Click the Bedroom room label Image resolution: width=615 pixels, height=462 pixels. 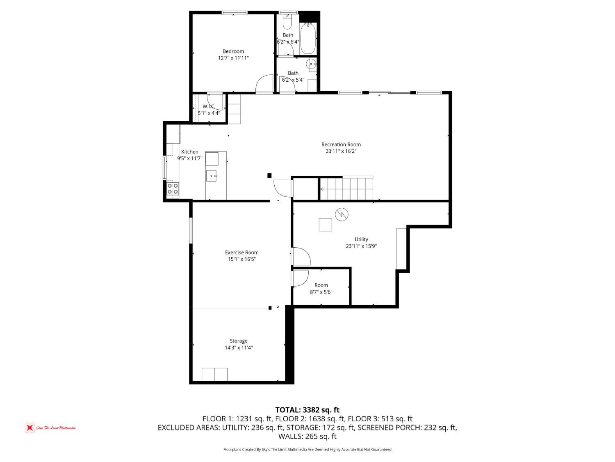point(233,51)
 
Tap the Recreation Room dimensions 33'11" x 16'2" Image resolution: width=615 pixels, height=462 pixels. point(341,151)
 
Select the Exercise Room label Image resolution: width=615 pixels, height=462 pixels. point(241,253)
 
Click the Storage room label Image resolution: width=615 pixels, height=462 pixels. point(238,341)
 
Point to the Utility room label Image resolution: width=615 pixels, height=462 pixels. point(361,239)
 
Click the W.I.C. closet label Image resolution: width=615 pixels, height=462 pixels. point(209,106)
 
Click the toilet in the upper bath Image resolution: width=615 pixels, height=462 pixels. point(287,21)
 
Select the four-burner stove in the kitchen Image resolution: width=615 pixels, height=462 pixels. point(173,189)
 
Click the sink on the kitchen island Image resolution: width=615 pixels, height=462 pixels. point(212,176)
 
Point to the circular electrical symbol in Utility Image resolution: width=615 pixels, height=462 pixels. point(341,214)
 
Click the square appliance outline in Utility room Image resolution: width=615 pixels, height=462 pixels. point(326,225)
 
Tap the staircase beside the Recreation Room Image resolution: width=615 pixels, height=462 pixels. point(346,189)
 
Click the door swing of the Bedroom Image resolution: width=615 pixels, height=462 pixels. point(264,84)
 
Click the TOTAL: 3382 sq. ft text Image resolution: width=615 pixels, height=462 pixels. point(307,410)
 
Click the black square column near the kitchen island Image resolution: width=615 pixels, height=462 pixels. point(269,176)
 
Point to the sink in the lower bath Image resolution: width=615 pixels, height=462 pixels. point(312,64)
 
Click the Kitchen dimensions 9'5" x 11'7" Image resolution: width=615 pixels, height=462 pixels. point(190,159)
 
